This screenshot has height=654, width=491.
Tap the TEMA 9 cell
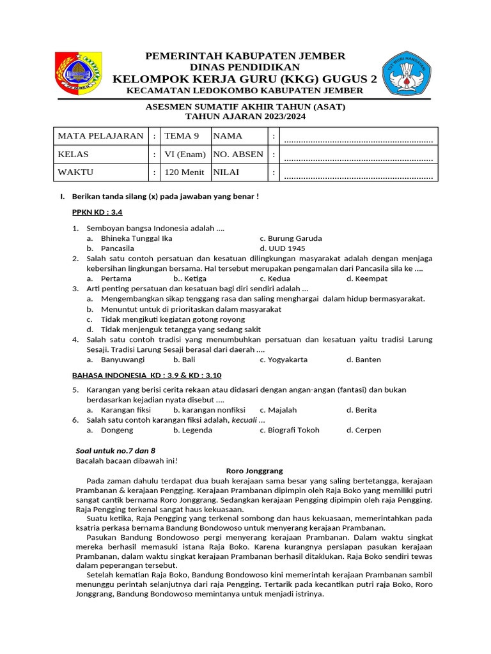[x=182, y=136]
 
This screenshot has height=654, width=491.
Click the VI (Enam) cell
[x=185, y=155]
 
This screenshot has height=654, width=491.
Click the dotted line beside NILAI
[x=359, y=175]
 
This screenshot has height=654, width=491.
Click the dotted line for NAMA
[x=359, y=139]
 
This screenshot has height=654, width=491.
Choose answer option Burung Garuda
[x=291, y=238]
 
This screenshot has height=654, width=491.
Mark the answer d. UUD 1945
[x=283, y=248]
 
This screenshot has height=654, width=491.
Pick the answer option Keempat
[x=367, y=278]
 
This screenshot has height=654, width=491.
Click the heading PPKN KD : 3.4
[x=96, y=213]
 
